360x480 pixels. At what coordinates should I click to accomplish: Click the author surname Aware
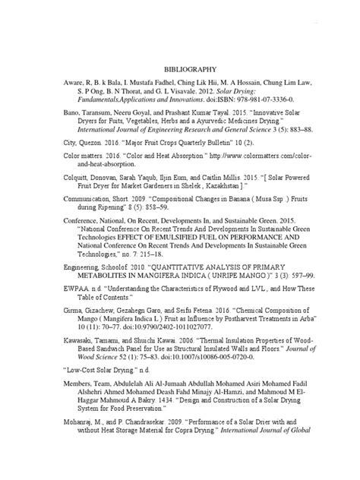pyautogui.click(x=74, y=84)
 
